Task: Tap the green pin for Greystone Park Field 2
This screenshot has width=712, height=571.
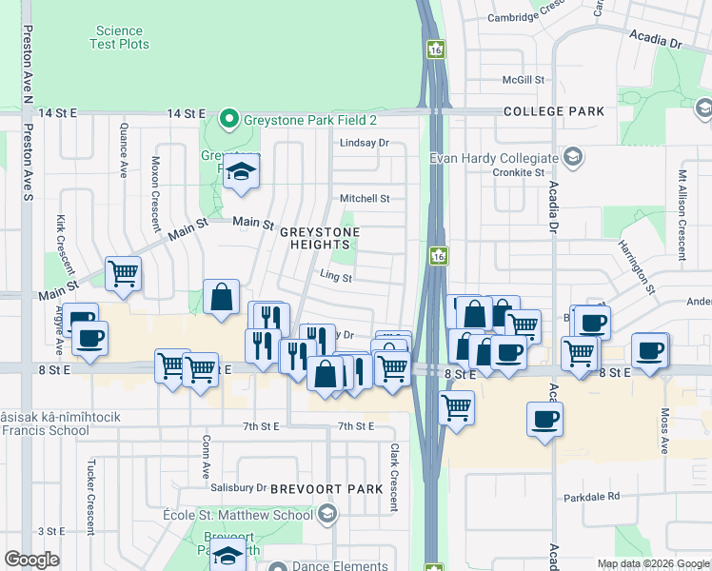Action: tap(228, 119)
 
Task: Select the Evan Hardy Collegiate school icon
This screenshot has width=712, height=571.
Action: tap(571, 156)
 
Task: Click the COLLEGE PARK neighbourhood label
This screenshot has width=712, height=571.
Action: tap(555, 111)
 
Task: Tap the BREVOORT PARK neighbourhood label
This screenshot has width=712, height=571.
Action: tap(326, 488)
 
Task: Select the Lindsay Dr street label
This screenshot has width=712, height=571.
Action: tap(366, 143)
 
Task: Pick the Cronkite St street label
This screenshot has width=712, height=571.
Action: tap(519, 172)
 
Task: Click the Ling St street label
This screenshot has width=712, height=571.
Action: tap(336, 279)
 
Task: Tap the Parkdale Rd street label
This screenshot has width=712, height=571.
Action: tap(590, 496)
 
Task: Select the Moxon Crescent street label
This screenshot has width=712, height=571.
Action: tap(156, 195)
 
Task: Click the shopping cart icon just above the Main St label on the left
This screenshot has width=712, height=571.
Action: tap(123, 274)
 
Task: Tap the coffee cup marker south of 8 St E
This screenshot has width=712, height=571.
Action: tap(544, 419)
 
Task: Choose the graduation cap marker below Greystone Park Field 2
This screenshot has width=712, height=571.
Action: tap(242, 173)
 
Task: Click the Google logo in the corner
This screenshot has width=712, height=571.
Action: tap(31, 560)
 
